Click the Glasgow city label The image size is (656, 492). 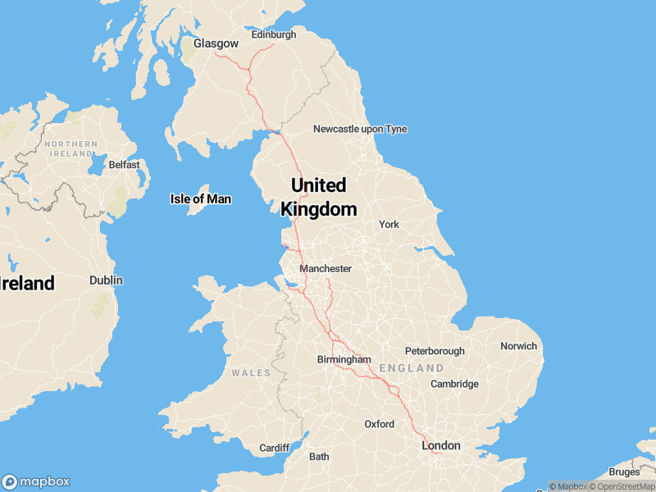[216, 43]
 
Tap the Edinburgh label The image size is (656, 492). [273, 35]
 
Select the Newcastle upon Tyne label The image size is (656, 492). [360, 130]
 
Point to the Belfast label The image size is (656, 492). [125, 165]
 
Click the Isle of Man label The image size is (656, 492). [200, 199]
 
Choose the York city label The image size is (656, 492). [389, 225]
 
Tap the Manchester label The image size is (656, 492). [326, 269]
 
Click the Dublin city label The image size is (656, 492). [106, 280]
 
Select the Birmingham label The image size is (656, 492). [344, 360]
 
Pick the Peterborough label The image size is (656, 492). [435, 351]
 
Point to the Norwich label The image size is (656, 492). [518, 346]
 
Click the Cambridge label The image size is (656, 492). [454, 384]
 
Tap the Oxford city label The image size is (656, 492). [380, 424]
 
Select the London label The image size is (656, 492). [441, 445]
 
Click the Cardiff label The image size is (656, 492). [274, 448]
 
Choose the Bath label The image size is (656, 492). [319, 457]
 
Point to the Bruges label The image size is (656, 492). [625, 472]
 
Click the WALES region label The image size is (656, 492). [251, 373]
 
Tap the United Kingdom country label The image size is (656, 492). [318, 197]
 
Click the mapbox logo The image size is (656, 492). [36, 482]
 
